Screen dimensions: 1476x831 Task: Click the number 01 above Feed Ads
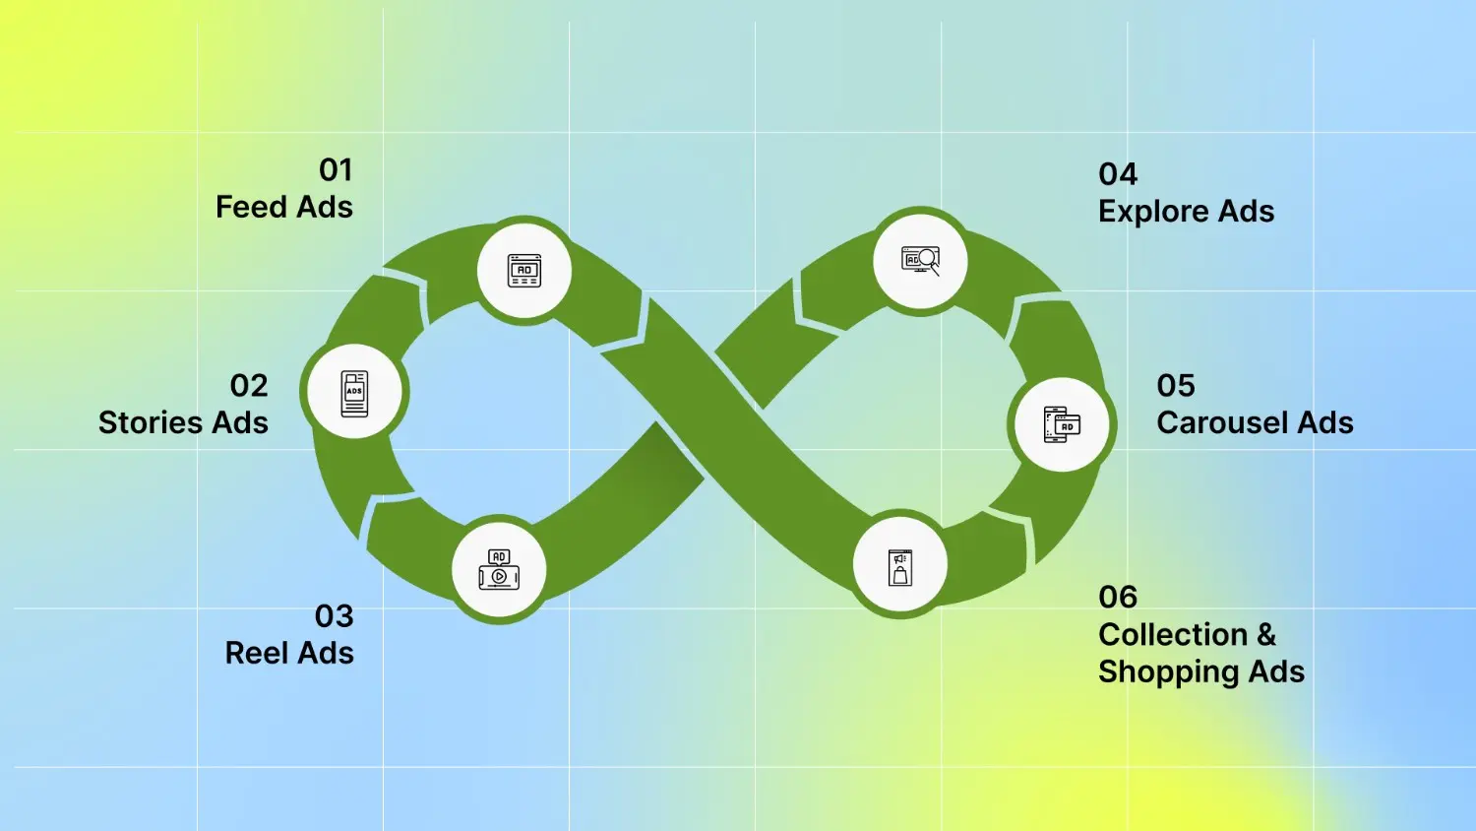[337, 170]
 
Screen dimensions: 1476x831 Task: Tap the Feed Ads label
[284, 207]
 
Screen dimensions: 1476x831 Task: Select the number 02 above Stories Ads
[249, 386]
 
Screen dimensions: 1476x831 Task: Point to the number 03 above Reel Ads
[335, 616]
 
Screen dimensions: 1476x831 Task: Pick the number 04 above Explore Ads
[1118, 175]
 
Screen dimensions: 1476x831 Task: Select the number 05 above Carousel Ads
[1176, 386]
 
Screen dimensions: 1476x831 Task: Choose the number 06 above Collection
[1118, 598]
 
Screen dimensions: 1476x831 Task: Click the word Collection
[1173, 635]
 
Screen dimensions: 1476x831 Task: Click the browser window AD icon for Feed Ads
[524, 271]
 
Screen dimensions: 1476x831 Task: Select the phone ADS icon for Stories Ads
[354, 394]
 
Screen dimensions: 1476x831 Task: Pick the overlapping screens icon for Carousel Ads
[1062, 424]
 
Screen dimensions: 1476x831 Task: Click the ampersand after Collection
[1266, 635]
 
